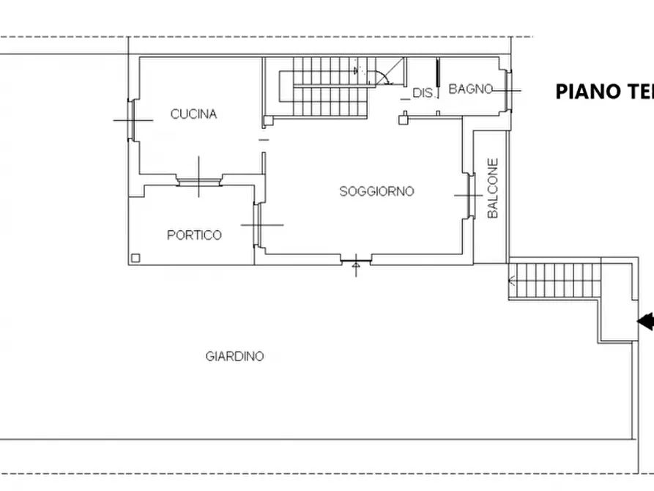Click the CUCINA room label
[193, 114]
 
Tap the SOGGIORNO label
[376, 191]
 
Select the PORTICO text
[194, 235]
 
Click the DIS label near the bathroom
[423, 93]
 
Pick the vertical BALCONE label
[493, 188]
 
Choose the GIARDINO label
[234, 357]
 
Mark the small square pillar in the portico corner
[135, 256]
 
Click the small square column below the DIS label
[403, 116]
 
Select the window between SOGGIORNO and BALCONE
[468, 195]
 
